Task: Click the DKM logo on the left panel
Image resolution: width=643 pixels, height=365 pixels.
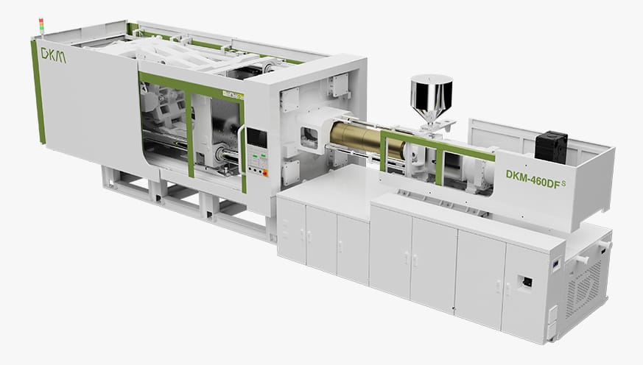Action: click(x=54, y=54)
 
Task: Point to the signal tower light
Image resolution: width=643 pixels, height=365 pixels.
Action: click(x=41, y=26)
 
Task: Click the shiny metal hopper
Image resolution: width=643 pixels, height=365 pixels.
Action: click(x=431, y=96)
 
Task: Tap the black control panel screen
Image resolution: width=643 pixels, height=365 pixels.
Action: click(x=256, y=137)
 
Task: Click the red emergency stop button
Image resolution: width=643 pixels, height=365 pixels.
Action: click(x=264, y=173)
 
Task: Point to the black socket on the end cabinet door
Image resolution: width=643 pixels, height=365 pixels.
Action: click(x=527, y=281)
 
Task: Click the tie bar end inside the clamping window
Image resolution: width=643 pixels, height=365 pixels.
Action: click(x=220, y=154)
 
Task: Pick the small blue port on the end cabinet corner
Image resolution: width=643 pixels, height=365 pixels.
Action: click(x=558, y=261)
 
